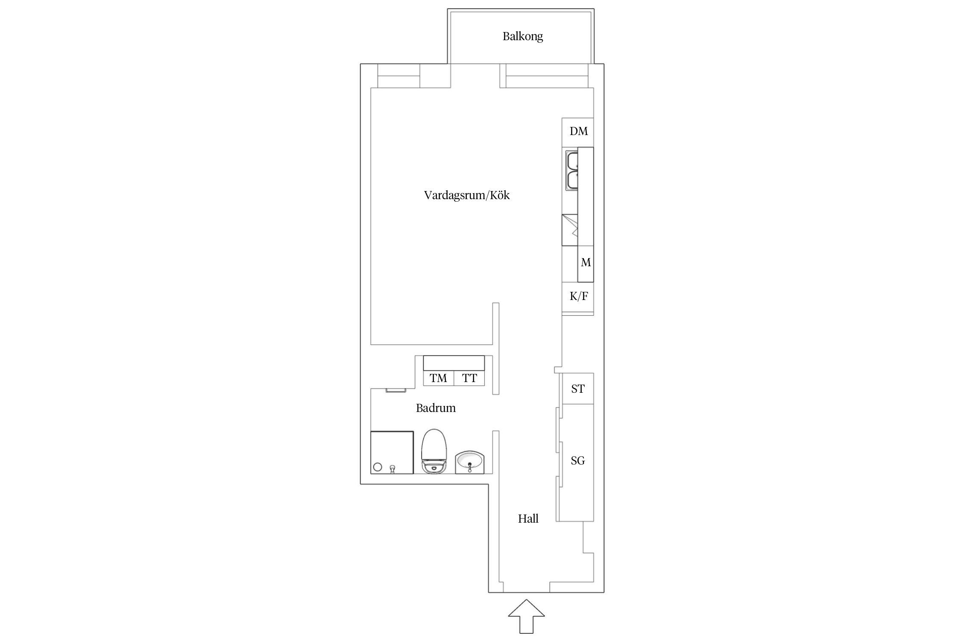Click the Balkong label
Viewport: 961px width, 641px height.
pyautogui.click(x=522, y=36)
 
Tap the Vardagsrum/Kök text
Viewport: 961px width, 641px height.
pyautogui.click(x=467, y=195)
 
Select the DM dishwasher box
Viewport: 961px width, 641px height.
pyautogui.click(x=577, y=132)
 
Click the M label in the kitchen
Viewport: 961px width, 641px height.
pyautogui.click(x=586, y=262)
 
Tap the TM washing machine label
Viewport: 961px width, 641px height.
pyautogui.click(x=438, y=378)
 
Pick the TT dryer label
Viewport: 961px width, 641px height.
pyautogui.click(x=469, y=378)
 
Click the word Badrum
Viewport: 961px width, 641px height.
pyautogui.click(x=436, y=408)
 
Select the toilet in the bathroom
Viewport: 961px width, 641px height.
pyautogui.click(x=434, y=451)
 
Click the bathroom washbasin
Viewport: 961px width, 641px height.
pyautogui.click(x=470, y=462)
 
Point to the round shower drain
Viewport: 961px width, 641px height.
pyautogui.click(x=378, y=467)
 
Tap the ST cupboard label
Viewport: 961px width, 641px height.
pyautogui.click(x=578, y=389)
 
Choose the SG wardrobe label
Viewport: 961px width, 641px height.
pyautogui.click(x=578, y=461)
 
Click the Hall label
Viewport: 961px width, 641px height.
pyautogui.click(x=528, y=519)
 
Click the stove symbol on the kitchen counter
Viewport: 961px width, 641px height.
pyautogui.click(x=569, y=230)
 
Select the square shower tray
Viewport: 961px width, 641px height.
pyautogui.click(x=392, y=452)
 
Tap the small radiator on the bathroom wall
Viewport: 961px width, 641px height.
pyautogui.click(x=396, y=390)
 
